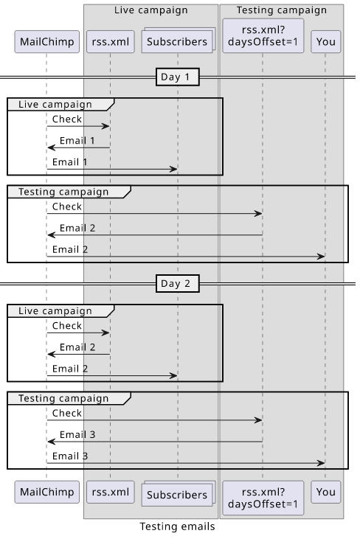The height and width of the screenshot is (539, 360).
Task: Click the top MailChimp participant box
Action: point(46,41)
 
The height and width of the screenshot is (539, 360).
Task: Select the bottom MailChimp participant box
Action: point(46,492)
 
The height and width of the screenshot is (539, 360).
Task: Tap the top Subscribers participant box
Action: point(178,41)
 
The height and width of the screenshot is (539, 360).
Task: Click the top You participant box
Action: point(325,41)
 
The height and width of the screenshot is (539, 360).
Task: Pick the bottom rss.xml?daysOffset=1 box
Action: point(263,498)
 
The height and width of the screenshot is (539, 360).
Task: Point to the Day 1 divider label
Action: point(178,77)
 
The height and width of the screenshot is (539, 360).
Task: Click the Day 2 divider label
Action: point(178,284)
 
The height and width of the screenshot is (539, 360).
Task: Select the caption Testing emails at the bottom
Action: point(177,526)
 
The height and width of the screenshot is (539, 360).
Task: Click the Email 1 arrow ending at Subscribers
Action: point(112,169)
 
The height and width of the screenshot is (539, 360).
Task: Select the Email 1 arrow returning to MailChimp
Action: point(79,147)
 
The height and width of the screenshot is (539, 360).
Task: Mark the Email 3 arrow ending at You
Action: point(186,463)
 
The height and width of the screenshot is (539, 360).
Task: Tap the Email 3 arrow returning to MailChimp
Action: point(155,442)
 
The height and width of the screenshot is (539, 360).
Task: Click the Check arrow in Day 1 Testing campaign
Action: point(155,214)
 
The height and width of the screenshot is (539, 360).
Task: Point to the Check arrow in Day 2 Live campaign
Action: point(78,333)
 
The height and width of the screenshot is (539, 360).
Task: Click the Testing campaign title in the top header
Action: point(282,10)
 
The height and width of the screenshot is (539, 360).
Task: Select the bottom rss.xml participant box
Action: point(111,492)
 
